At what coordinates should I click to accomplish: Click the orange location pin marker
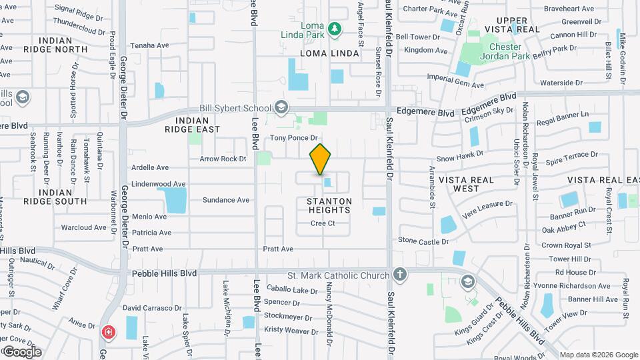click(320, 159)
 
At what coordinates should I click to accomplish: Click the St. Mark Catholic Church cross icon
click(399, 275)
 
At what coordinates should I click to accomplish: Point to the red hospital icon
click(107, 332)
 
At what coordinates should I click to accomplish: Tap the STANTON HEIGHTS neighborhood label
click(329, 205)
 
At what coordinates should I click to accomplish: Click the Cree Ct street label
click(323, 223)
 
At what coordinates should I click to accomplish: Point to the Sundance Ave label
click(225, 200)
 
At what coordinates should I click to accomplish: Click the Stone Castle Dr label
click(423, 240)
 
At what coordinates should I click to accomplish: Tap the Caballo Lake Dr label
click(292, 290)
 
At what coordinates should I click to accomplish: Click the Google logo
click(22, 351)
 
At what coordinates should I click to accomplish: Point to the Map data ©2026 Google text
click(598, 355)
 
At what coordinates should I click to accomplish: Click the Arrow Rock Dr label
click(223, 159)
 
